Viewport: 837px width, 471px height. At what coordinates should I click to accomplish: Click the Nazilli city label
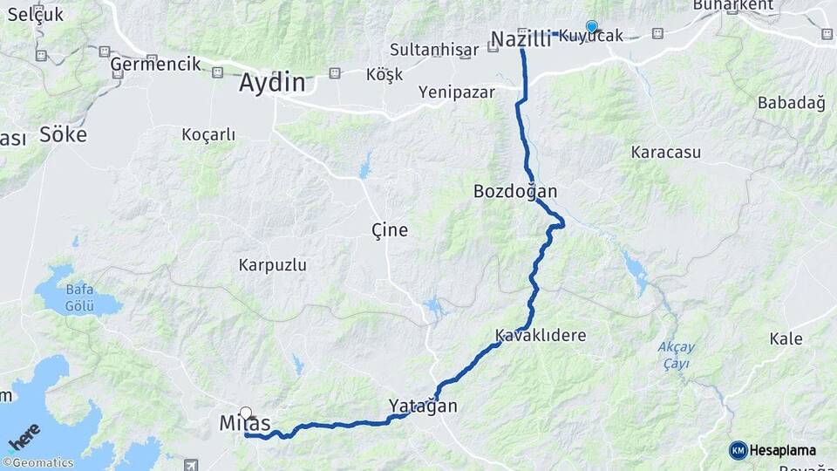point(521,39)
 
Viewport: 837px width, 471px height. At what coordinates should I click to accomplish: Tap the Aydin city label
point(273,84)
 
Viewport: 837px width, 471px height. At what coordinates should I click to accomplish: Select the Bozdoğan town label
point(515,191)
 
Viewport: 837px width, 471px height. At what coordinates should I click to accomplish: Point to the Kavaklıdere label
point(541,336)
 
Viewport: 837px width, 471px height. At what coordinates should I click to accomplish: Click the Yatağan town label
point(423,406)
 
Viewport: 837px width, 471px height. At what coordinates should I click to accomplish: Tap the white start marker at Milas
point(246,413)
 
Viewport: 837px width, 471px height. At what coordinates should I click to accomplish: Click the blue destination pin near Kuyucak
point(592,27)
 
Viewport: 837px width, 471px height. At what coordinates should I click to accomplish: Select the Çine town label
point(390,230)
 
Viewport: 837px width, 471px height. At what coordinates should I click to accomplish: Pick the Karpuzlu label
point(273,264)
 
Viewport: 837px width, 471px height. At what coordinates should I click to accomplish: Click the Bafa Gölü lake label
point(79,297)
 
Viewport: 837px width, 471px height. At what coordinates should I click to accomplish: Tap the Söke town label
point(63,135)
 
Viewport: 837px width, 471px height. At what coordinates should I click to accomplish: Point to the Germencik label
point(156,64)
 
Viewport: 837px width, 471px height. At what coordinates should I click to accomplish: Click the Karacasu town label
point(666,152)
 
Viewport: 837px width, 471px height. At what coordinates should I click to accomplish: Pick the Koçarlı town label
point(208,134)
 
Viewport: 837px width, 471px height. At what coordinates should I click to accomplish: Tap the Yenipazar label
point(457,92)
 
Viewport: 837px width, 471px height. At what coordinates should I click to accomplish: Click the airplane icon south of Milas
point(191,465)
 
